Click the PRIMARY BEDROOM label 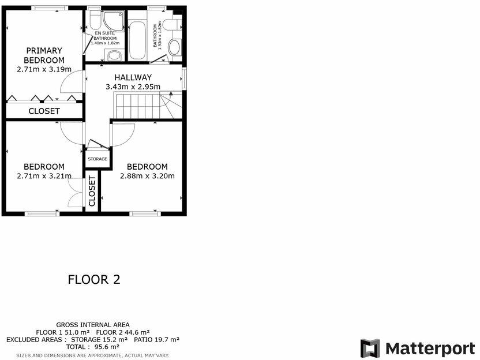coord(44,55)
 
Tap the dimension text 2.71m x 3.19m coord(44,69)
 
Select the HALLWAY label coord(133,77)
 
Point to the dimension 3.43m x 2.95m coord(133,87)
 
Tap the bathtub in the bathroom coord(137,40)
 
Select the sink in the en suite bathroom coord(114,55)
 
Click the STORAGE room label coord(97,159)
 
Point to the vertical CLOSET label coord(92,190)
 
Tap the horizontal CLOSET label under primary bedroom coord(44,111)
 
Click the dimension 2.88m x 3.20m coord(147,176)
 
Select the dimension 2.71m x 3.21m coord(44,176)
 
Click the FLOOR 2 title coord(94,280)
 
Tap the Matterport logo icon coord(370,348)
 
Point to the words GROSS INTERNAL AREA coord(93,325)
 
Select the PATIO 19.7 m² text coord(156,340)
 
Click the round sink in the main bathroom coord(174,47)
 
